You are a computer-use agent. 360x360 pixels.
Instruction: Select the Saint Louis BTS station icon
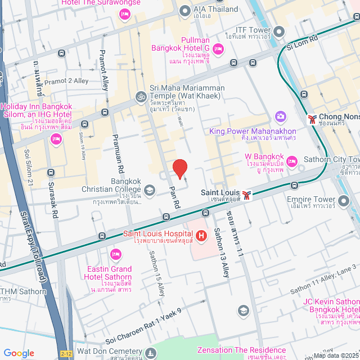[246, 195]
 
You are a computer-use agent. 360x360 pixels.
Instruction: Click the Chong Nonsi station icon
[312, 119]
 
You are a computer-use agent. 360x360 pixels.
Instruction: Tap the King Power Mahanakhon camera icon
[280, 116]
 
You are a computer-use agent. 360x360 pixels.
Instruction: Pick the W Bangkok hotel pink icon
[291, 162]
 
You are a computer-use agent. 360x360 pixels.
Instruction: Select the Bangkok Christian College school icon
[150, 190]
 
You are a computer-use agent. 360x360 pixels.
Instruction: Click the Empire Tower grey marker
[344, 200]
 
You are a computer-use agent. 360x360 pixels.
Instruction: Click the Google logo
[19, 353]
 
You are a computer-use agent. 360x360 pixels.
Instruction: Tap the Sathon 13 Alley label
[222, 256]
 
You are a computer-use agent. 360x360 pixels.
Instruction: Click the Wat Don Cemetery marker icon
[150, 353]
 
